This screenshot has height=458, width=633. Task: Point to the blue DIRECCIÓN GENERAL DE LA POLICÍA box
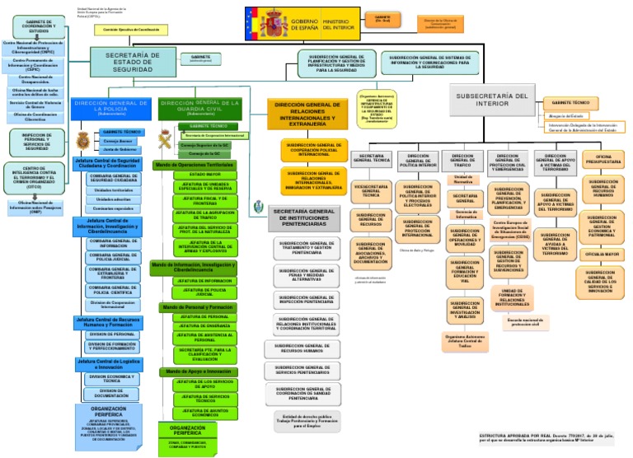pos(110,107)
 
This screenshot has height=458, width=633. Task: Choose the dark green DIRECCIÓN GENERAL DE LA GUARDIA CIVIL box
pos(199,107)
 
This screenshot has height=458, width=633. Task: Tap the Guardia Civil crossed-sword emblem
pos(164,136)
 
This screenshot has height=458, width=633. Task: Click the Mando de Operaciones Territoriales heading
pos(194,165)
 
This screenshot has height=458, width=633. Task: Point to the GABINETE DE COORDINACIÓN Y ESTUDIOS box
pos(34,27)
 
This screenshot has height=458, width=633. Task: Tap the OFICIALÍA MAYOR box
pos(603,255)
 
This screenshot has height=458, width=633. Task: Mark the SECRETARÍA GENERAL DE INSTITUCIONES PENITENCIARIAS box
pos(306,217)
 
